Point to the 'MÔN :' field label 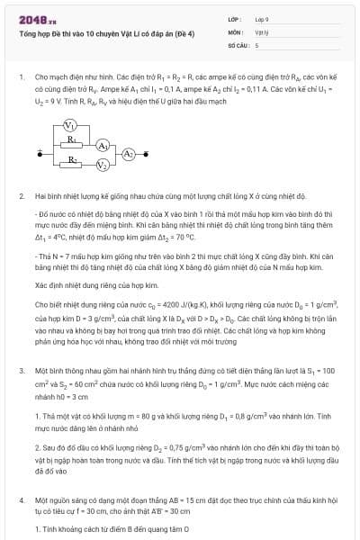point(236,31)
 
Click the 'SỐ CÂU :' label point(238,43)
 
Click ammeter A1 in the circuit point(103,145)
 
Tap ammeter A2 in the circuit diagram point(129,154)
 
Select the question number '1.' point(21,78)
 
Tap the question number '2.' point(21,195)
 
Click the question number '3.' point(21,371)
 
